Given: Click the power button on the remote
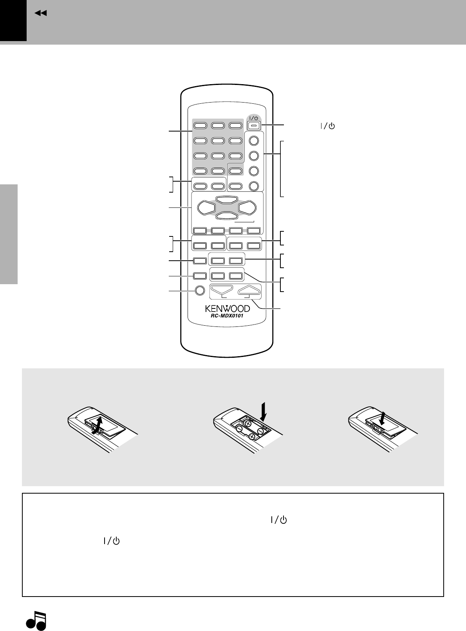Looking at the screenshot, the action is pos(253,126).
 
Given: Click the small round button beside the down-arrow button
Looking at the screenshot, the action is pos(199,290).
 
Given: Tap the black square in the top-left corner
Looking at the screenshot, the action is pos(13,20).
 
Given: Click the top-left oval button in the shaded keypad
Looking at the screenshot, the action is pos(200,126).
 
